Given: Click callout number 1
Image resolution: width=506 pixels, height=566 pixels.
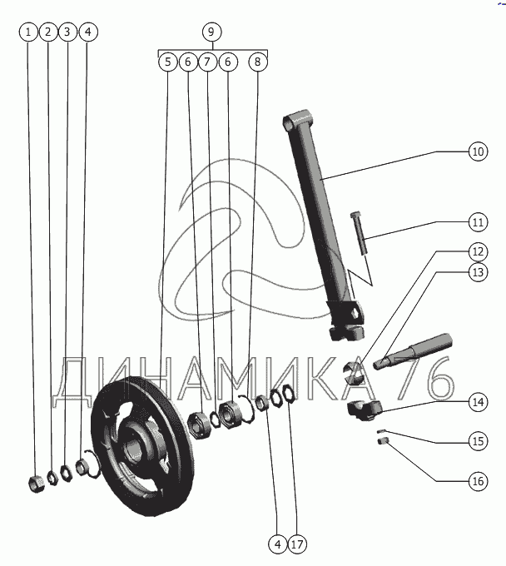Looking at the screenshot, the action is tap(29, 32).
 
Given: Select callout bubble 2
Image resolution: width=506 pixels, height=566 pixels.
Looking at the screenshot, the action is tap(48, 32).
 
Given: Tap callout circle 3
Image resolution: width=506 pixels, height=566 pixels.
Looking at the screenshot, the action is tap(68, 32).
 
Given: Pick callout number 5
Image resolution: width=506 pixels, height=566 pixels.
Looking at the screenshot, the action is tap(168, 62).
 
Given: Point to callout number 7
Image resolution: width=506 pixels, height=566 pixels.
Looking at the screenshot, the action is tap(208, 62).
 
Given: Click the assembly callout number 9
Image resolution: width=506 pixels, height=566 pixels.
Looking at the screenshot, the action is tap(211, 32).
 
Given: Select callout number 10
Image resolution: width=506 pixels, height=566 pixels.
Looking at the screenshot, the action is tap(477, 152).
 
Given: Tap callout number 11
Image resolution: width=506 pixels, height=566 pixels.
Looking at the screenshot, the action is tap(477, 223).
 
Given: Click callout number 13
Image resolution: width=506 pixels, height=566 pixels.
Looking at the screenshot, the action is tap(477, 271).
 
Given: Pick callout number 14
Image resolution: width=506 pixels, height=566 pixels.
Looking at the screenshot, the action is tap(477, 402).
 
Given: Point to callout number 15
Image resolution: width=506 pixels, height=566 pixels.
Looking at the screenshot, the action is tap(477, 440).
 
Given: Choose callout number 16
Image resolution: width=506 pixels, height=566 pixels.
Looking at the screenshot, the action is tap(477, 480).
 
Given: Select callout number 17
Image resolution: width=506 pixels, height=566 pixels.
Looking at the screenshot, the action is tap(297, 544).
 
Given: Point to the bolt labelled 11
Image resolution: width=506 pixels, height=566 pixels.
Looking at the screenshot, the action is tap(359, 233).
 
